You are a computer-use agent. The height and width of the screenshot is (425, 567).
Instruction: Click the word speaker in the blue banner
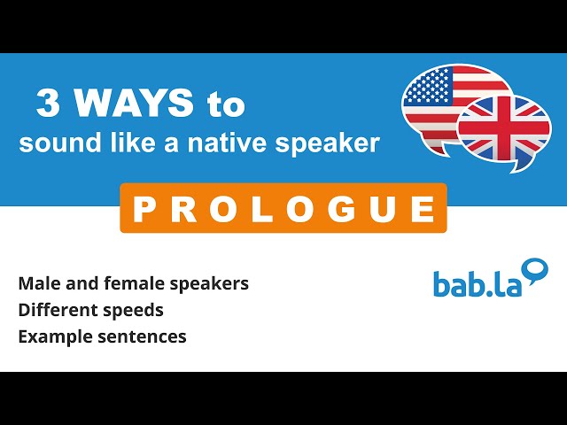coord(327,144)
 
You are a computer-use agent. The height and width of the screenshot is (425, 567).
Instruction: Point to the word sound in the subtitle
coord(60,143)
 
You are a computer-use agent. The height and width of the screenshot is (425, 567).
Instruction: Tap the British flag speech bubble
coord(504,131)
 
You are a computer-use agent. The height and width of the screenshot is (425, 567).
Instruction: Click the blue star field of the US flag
coord(429,85)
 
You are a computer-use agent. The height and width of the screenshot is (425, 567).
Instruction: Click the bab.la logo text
coord(478,284)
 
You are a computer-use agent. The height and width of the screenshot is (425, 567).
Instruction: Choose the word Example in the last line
coord(55,337)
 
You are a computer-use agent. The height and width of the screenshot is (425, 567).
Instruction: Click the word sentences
coord(142,336)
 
